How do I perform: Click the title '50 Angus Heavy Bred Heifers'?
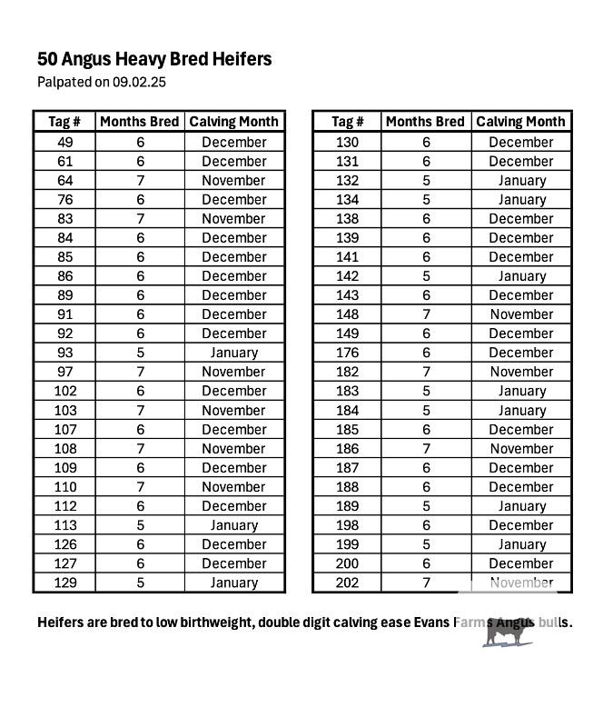coord(154,60)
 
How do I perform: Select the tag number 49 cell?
coord(64,142)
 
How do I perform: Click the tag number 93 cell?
coord(64,353)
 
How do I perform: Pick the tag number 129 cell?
coord(64,583)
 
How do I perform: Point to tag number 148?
coord(348,314)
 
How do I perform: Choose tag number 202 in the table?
coord(348,583)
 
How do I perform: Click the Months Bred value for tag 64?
coord(140,180)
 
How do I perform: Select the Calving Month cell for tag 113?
coord(233,525)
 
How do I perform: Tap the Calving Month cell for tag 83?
coord(233,218)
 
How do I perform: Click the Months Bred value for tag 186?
coord(425,449)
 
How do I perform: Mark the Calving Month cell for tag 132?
coord(521,181)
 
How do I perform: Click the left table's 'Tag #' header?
coord(64,122)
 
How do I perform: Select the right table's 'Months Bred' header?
coord(425,122)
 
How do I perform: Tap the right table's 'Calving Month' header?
coord(520,122)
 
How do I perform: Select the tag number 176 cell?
coord(348,353)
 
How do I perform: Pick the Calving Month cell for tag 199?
coord(521,544)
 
